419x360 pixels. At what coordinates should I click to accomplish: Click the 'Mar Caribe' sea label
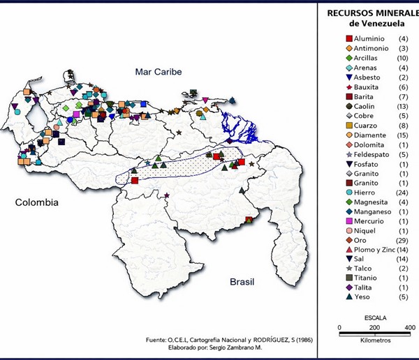pos(158,72)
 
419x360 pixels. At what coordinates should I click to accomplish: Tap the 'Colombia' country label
pos(37,202)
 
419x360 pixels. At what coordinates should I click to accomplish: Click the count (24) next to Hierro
pos(402,193)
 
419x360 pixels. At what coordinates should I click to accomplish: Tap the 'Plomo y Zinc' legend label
pos(378,250)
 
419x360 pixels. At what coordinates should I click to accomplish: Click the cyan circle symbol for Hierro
pos(349,193)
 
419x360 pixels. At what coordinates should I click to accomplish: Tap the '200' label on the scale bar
pos(374,327)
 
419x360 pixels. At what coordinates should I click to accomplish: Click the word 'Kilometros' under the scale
pos(375,341)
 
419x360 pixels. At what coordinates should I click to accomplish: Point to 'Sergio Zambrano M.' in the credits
pos(234,347)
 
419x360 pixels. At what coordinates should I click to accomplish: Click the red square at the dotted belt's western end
pos(135,181)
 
